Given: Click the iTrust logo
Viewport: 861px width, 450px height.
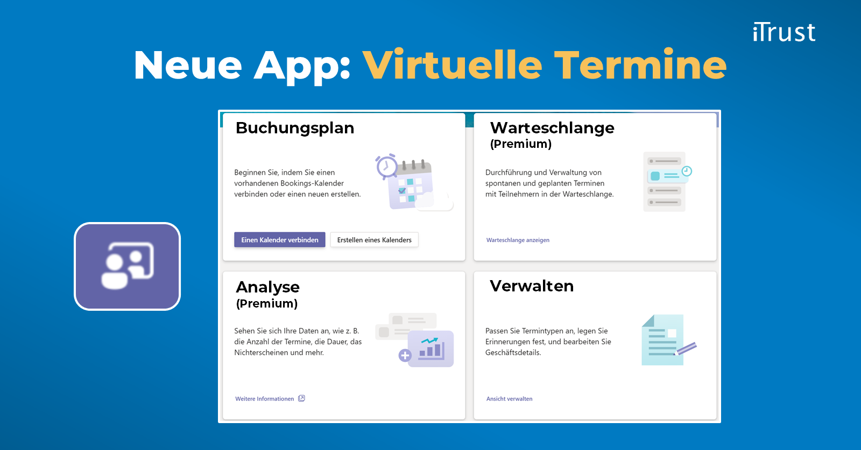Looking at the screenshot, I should coord(784,32).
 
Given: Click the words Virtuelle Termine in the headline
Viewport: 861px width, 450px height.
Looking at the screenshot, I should coord(544,65).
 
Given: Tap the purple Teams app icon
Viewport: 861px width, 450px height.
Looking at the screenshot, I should coord(128,266).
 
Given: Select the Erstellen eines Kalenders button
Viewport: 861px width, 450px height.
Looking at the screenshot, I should coord(374,240).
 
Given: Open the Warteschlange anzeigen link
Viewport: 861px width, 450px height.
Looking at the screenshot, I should coord(518,240).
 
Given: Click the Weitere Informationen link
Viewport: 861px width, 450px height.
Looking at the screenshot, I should coord(264,399).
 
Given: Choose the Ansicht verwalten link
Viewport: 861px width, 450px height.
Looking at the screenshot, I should coord(509,399).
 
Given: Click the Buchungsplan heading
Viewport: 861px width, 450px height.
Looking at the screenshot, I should coord(295,128).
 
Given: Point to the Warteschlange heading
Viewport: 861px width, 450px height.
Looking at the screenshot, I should coord(552,128).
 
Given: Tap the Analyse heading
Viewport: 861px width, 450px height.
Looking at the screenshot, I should coord(267,287).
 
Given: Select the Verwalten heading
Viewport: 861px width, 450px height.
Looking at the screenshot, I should coord(532,286).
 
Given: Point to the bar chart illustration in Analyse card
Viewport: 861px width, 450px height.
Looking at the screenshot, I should coord(431,349).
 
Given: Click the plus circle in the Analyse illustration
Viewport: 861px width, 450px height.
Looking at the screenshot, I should coord(405,355).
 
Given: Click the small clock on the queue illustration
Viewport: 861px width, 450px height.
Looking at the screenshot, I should coord(687,172).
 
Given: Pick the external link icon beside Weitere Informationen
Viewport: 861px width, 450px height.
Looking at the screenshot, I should coord(302,398).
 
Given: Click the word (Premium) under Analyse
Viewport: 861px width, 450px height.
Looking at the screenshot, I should coord(267,304).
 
